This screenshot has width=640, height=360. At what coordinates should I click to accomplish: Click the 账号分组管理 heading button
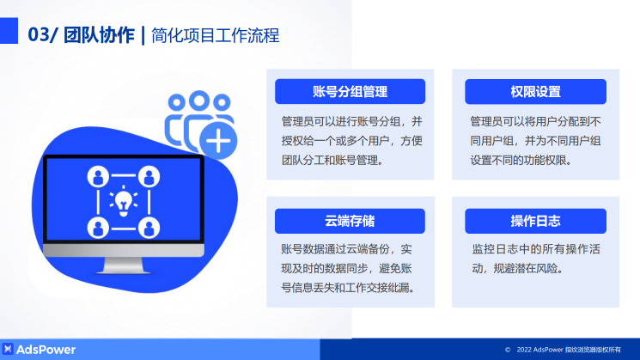tap(350, 92)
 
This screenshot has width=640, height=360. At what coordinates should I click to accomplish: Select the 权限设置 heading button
tap(535, 92)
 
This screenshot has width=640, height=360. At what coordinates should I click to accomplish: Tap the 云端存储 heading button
tap(350, 221)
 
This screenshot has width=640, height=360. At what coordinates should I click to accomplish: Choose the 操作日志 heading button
tap(535, 221)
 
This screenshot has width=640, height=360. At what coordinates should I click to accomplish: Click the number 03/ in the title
tap(43, 35)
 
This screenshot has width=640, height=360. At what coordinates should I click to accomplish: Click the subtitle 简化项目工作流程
tap(215, 35)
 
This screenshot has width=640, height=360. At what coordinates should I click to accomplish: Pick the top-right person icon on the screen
tap(149, 177)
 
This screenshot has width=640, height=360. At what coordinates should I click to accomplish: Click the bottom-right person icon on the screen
tap(149, 228)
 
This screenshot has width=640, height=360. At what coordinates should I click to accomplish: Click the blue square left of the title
tap(9, 33)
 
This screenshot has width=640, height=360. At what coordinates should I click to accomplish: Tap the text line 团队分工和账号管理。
tap(332, 159)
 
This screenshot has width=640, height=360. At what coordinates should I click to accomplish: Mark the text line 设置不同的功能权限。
tap(521, 159)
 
